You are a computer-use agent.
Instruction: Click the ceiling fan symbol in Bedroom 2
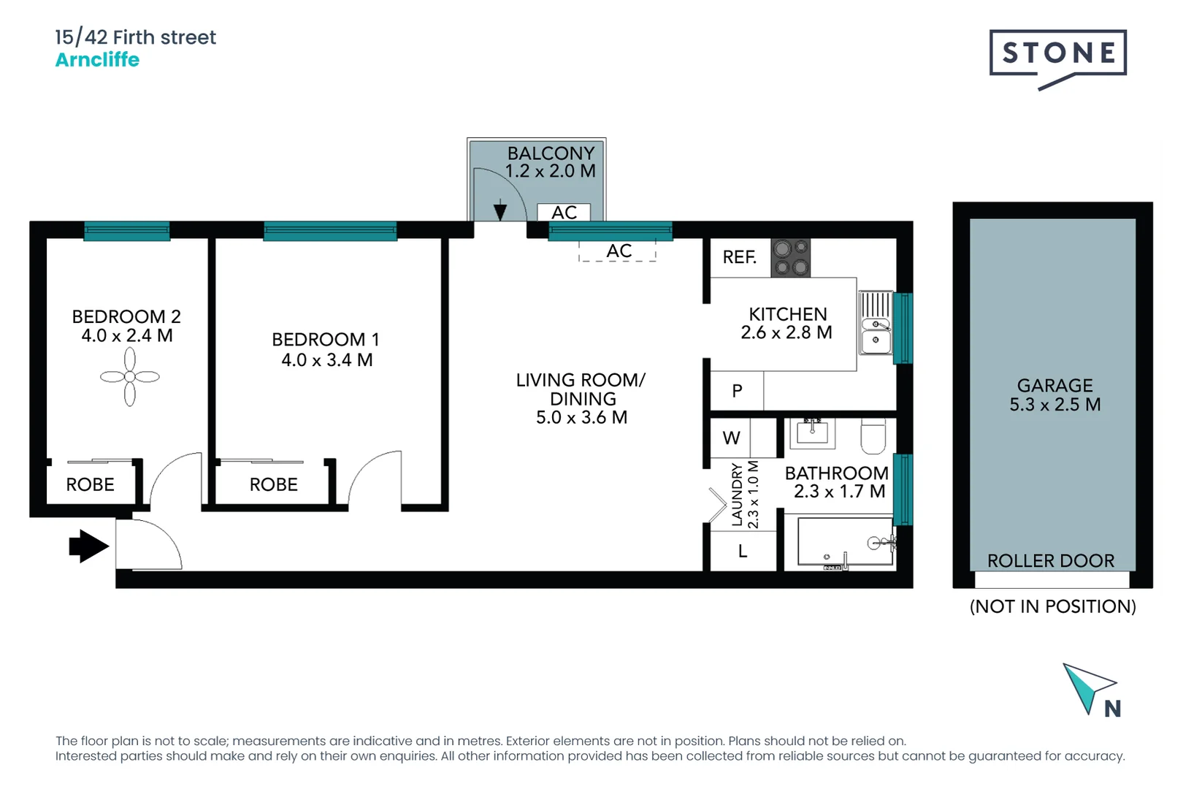coord(130,377)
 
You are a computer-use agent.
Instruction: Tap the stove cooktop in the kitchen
coord(791,258)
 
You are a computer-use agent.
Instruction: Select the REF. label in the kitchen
coord(739,257)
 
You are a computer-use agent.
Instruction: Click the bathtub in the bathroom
coord(845,542)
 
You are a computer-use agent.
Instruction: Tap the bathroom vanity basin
coord(812,432)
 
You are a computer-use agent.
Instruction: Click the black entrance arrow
coord(88,546)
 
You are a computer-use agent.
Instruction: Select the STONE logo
coord(1058,53)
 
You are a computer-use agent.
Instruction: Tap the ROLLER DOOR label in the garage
coord(1051,560)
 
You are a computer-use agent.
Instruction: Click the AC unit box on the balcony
coord(564,213)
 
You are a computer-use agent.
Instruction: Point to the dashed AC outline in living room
coord(618,251)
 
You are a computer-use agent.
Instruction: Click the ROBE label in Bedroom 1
coord(274,484)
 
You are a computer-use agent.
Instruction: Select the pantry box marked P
coord(737,391)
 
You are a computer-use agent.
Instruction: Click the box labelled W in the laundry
coord(732,438)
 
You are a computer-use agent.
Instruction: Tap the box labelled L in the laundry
coord(743,552)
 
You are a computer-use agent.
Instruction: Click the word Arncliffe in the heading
coord(97,60)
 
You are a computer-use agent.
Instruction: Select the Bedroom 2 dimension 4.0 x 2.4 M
coord(127,336)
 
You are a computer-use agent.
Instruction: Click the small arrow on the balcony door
coord(500,210)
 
